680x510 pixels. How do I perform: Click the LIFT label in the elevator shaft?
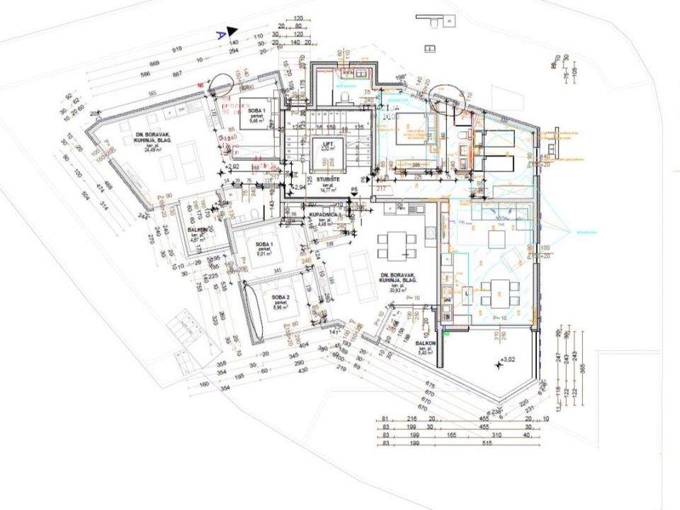pyautogui.click(x=327, y=143)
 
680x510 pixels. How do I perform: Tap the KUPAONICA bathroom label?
pyautogui.click(x=322, y=213)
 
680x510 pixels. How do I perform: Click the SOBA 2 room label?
pyautogui.click(x=281, y=297)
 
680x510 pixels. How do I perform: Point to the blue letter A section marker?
pyautogui.click(x=220, y=33)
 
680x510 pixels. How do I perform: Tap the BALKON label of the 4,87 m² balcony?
pyautogui.click(x=198, y=230)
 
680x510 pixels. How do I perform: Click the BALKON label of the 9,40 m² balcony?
pyautogui.click(x=426, y=343)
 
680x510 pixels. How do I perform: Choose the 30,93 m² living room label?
pyautogui.click(x=396, y=278)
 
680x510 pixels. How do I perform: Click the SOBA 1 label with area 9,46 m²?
pyautogui.click(x=256, y=113)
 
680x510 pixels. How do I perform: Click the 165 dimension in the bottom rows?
pyautogui.click(x=450, y=436)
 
